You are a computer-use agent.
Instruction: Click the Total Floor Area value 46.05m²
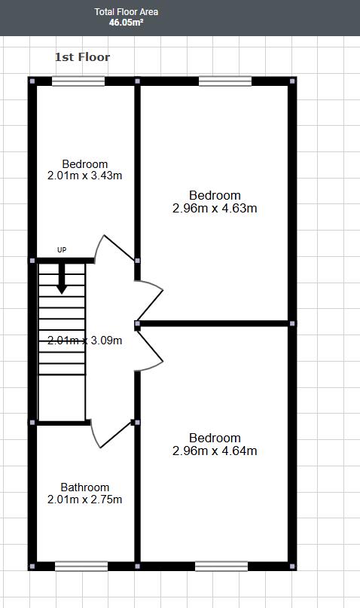(x=127, y=23)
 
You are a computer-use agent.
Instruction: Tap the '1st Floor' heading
(x=82, y=57)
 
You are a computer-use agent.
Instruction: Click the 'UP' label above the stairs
(x=62, y=249)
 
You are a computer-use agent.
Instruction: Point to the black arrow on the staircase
(x=62, y=279)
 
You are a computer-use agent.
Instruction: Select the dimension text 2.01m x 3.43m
(x=84, y=176)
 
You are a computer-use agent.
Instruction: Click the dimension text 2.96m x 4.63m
(x=215, y=208)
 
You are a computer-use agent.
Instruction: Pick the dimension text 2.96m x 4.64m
(x=215, y=451)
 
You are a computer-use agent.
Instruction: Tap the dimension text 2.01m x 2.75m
(x=84, y=499)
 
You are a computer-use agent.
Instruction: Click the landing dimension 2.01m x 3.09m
(x=84, y=340)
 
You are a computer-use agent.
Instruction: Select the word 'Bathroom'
(x=84, y=487)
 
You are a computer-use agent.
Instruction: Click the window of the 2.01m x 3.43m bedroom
(x=78, y=81)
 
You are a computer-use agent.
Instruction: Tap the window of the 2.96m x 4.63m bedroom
(x=225, y=81)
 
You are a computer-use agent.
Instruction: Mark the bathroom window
(x=81, y=566)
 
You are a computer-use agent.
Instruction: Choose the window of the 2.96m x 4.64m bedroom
(x=221, y=566)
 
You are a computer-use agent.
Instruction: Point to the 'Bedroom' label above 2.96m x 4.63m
(x=215, y=196)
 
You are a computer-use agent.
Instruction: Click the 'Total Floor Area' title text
(x=127, y=12)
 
